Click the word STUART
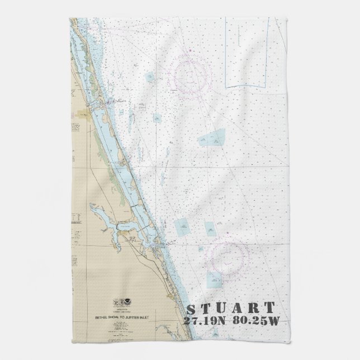[x=230, y=308]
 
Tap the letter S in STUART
[x=191, y=309]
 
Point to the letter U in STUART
[x=222, y=308]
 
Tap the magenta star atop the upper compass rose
[x=192, y=51]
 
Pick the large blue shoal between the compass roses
[x=212, y=137]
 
